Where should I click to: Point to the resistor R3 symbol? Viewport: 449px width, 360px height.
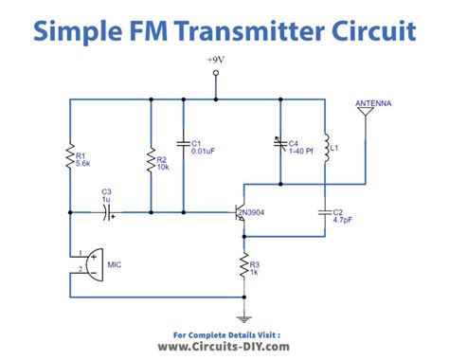(x=244, y=267)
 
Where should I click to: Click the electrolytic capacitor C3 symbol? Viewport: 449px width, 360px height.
(x=107, y=213)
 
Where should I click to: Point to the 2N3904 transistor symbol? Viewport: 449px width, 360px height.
(x=240, y=214)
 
